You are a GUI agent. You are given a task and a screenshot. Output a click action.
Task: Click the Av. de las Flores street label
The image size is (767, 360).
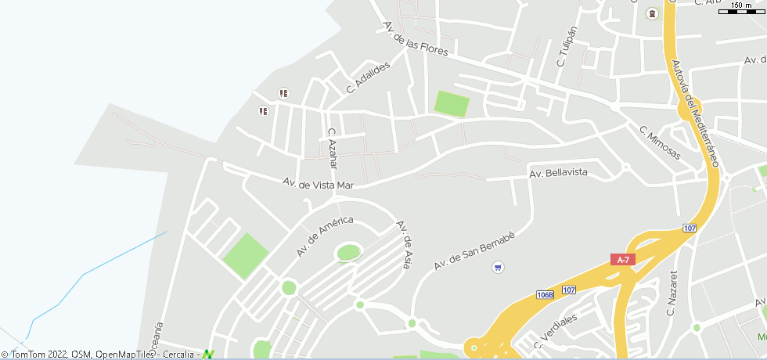click(416, 39)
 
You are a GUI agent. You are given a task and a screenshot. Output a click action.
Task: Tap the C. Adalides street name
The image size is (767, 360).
click(368, 79)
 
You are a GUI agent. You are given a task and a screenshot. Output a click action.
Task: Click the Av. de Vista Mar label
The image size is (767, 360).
click(319, 184)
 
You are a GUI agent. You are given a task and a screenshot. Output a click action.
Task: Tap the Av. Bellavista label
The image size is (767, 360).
click(558, 173)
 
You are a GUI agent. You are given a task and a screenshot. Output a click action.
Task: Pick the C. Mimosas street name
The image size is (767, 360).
click(660, 142)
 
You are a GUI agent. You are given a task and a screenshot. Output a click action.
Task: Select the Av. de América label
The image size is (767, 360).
click(325, 237)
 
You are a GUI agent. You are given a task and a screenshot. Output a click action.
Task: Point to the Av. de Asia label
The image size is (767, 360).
click(404, 244)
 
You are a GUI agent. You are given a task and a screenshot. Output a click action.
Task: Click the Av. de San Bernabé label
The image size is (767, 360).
click(474, 250)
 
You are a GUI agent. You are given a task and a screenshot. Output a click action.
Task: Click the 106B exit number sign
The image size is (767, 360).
click(546, 295)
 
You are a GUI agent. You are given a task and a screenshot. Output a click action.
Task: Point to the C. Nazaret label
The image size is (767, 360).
click(672, 294)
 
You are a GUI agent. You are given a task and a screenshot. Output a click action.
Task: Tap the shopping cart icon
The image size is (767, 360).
click(498, 268)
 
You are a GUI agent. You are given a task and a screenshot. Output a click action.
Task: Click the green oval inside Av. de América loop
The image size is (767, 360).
click(348, 253)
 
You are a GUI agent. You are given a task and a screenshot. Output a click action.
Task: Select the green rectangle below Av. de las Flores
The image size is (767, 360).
click(452, 104)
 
